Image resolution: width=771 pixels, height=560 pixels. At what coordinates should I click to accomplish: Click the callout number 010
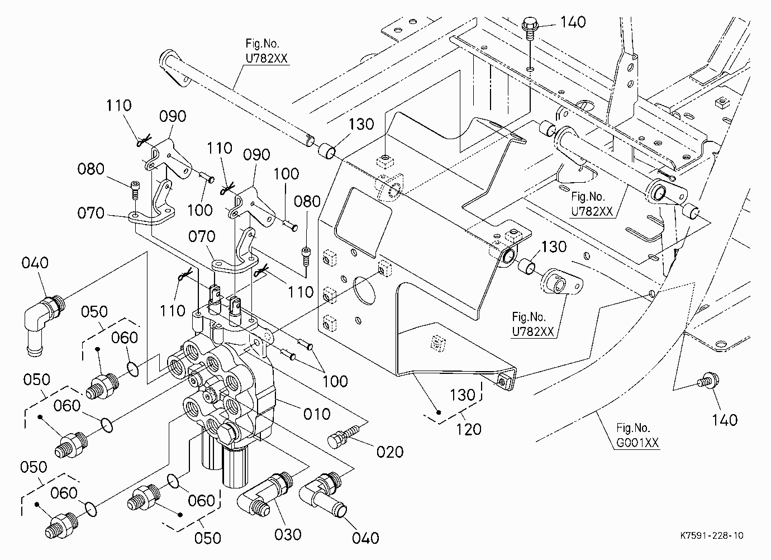(x=317, y=414)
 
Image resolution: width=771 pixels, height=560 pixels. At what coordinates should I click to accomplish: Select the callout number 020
(x=389, y=452)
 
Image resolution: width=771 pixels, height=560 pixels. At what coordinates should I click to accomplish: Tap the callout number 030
(x=288, y=534)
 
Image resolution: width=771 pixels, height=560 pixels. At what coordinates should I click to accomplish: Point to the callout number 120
(x=468, y=429)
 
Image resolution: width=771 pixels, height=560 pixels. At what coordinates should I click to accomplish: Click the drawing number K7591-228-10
(x=711, y=535)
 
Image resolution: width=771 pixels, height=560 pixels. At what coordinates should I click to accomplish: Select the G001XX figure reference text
(x=637, y=443)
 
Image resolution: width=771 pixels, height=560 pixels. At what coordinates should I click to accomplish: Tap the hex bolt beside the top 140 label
(x=530, y=29)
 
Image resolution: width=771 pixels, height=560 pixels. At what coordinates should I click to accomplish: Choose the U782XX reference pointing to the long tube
(x=266, y=59)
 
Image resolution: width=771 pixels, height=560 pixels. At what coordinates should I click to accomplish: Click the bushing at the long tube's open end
(x=326, y=151)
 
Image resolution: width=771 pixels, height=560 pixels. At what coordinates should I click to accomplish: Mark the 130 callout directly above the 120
(x=462, y=395)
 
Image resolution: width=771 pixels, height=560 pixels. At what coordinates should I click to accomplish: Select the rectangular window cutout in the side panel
(x=363, y=222)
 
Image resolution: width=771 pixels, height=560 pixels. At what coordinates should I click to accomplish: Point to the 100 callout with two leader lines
(x=335, y=381)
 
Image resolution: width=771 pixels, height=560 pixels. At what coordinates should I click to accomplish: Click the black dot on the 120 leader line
(x=439, y=412)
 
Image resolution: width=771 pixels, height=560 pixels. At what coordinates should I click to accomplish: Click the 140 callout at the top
(x=573, y=22)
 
